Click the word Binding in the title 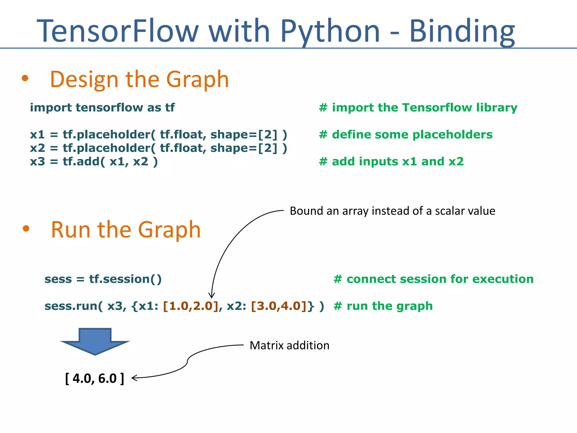[462, 31]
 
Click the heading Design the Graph [139, 79]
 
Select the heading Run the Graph [126, 230]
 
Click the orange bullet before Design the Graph [25, 78]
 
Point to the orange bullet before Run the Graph [26, 228]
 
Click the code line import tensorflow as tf [102, 108]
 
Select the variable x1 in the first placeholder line [37, 135]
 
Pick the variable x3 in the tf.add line [37, 162]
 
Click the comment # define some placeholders [406, 135]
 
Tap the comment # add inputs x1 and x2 [391, 162]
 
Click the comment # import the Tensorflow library [418, 108]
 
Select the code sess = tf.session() [103, 279]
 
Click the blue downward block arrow [95, 341]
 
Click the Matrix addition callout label [289, 346]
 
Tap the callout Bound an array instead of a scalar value [392, 211]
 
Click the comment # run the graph [383, 306]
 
